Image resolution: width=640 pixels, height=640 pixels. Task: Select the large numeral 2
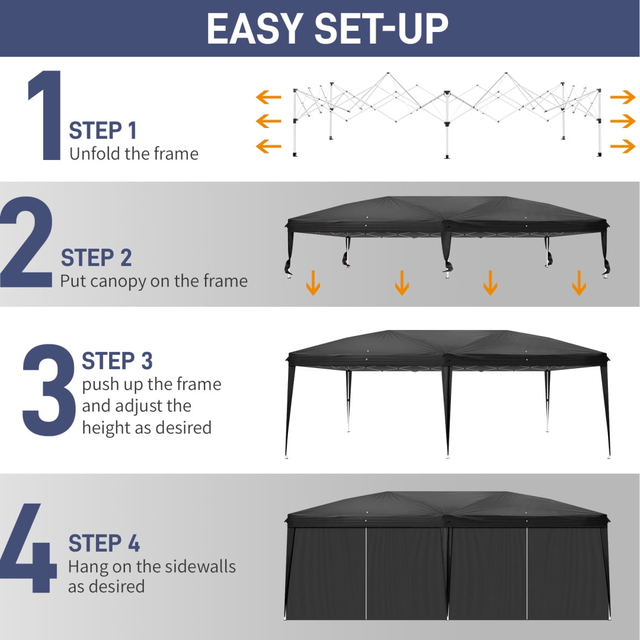26,242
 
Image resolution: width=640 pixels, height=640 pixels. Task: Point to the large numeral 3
49,390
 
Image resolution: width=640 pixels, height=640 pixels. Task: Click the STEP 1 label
103,131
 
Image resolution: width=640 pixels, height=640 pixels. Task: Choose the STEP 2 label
97,258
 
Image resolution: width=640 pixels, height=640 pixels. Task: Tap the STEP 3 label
117,361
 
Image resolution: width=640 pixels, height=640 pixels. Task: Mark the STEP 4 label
104,543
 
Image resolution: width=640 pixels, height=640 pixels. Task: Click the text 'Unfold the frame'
134,154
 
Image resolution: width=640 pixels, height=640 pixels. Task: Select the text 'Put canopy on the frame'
154,281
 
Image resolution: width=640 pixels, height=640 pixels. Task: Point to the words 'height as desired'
147,428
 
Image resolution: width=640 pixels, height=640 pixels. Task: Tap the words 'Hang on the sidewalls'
152,567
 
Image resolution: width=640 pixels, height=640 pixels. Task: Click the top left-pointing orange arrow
269,97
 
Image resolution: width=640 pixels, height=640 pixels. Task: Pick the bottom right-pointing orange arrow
623,146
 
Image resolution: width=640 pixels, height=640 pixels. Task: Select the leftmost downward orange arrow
313,282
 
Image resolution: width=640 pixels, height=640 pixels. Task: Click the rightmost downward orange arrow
579,282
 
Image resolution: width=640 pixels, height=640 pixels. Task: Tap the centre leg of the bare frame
447,125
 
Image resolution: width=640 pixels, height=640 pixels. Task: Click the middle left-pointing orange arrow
269,121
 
